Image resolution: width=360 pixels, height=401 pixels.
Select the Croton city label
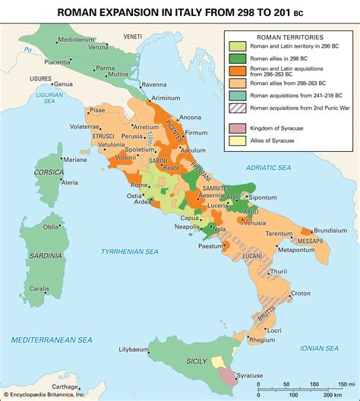pyautogui.click(x=301, y=293)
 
